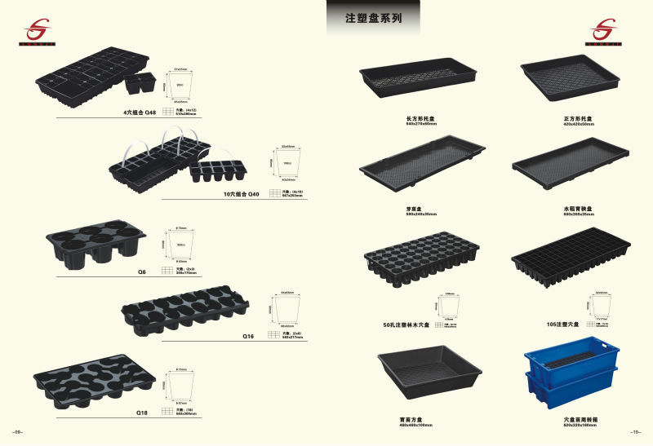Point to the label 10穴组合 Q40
[x=241, y=194]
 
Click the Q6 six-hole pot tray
[x=96, y=244]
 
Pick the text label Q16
[x=250, y=335]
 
